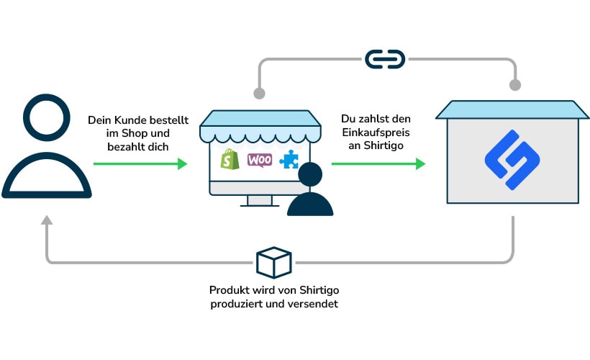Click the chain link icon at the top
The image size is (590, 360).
(386, 59)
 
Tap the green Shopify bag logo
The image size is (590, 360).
(230, 159)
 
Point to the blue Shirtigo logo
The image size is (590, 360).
(512, 160)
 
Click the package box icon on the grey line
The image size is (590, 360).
(273, 262)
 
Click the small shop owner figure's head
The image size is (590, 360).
(310, 176)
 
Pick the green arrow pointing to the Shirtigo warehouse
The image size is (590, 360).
(378, 164)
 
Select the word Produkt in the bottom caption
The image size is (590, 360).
(229, 291)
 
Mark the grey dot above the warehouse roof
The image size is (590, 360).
(514, 85)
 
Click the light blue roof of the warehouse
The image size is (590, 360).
(512, 109)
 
